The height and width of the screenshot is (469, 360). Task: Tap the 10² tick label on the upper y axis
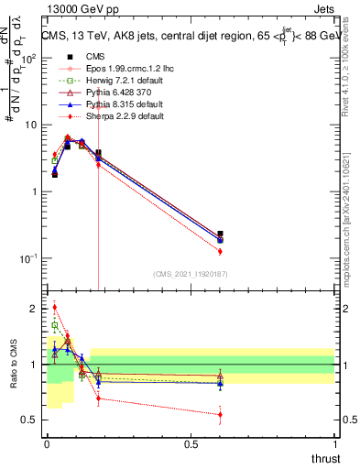(30, 58)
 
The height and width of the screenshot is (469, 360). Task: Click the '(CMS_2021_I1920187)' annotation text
(190, 274)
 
